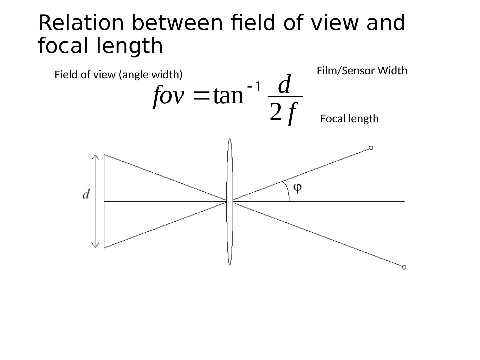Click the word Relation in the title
[x=81, y=23]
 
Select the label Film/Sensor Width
[x=362, y=71]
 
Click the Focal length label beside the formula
[x=349, y=119]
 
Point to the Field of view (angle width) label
[x=118, y=75]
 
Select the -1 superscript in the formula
[x=255, y=87]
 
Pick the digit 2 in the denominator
[x=276, y=112]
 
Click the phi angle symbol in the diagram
[x=297, y=188]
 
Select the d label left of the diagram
[x=86, y=194]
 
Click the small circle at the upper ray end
[x=371, y=148]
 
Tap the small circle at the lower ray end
[x=404, y=267]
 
